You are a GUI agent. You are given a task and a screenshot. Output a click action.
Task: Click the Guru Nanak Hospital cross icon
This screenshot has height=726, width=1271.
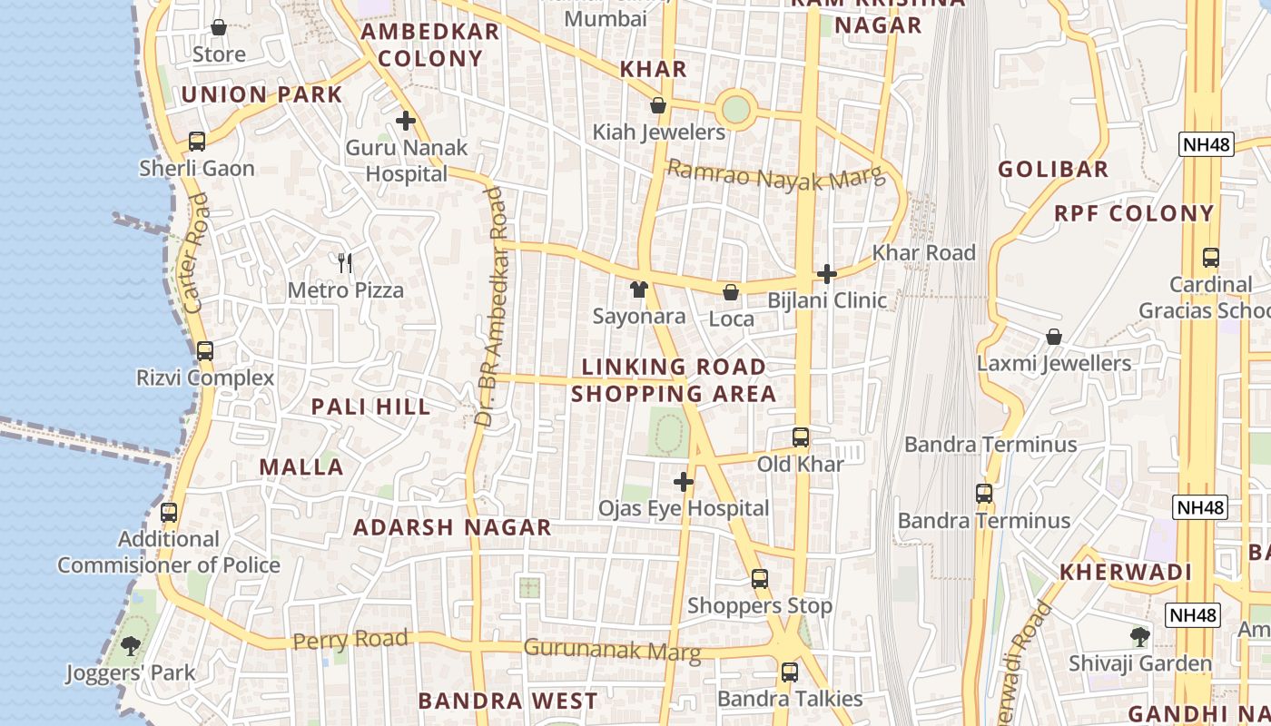coord(406,120)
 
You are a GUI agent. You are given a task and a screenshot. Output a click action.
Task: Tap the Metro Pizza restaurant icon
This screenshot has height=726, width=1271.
coord(345,263)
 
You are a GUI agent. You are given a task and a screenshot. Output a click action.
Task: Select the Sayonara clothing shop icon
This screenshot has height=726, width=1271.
coord(639,289)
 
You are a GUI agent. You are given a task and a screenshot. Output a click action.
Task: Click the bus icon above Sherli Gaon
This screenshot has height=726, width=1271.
coord(197,142)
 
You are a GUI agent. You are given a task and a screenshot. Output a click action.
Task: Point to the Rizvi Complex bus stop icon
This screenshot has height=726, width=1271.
coord(205,351)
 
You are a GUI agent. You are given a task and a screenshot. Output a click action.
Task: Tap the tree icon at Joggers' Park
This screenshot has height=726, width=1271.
coord(131,646)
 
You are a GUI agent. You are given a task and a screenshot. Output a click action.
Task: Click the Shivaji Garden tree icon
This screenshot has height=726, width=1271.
coord(1140,637)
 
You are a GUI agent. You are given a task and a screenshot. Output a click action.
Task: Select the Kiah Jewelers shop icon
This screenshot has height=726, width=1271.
coord(658,106)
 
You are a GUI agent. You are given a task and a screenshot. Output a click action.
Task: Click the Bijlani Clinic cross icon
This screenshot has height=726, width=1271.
coord(826,273)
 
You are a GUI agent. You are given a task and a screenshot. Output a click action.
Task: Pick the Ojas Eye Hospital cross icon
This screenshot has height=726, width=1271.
coord(684,482)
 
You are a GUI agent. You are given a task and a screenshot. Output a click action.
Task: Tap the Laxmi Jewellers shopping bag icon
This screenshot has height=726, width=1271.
coord(1053,337)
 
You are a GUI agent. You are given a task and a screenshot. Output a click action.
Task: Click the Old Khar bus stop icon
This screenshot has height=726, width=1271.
coord(800,437)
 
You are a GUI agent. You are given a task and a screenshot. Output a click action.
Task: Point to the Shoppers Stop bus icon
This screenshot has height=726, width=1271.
coord(760,579)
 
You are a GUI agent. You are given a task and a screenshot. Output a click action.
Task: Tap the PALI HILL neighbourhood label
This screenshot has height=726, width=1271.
coord(371,407)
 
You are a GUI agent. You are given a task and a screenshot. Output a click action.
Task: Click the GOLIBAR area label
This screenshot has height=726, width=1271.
coord(1053,169)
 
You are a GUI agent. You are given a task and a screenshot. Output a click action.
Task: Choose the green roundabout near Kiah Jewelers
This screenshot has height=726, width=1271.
coord(735,110)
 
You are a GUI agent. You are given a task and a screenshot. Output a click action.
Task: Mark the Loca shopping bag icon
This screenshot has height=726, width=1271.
coord(731,292)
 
